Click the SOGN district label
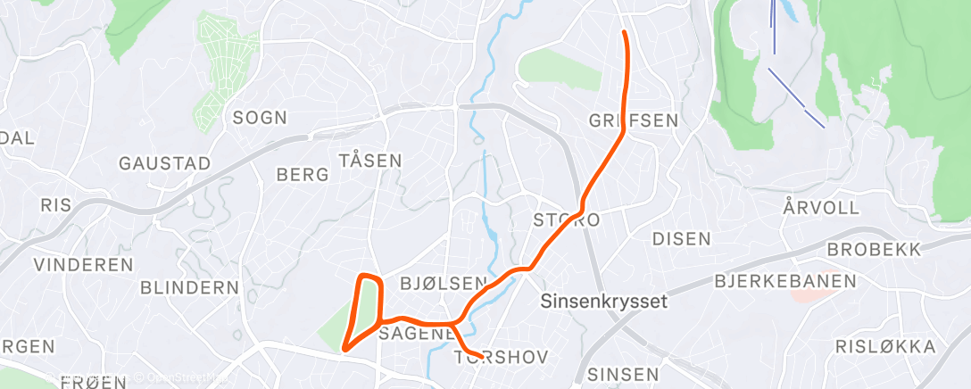coord(260,117)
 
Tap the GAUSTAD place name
coord(165,163)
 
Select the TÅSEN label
coord(370,161)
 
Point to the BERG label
coord(303,175)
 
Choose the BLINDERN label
coord(190,288)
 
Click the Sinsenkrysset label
coord(604,302)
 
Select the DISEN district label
coord(682,239)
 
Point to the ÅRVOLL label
coord(821,208)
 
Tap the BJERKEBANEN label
coord(785,282)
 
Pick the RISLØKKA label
coord(885,346)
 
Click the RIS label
coord(55,205)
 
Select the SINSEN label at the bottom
coord(623,374)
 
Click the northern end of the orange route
coord(623,33)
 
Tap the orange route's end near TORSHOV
coord(482,358)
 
